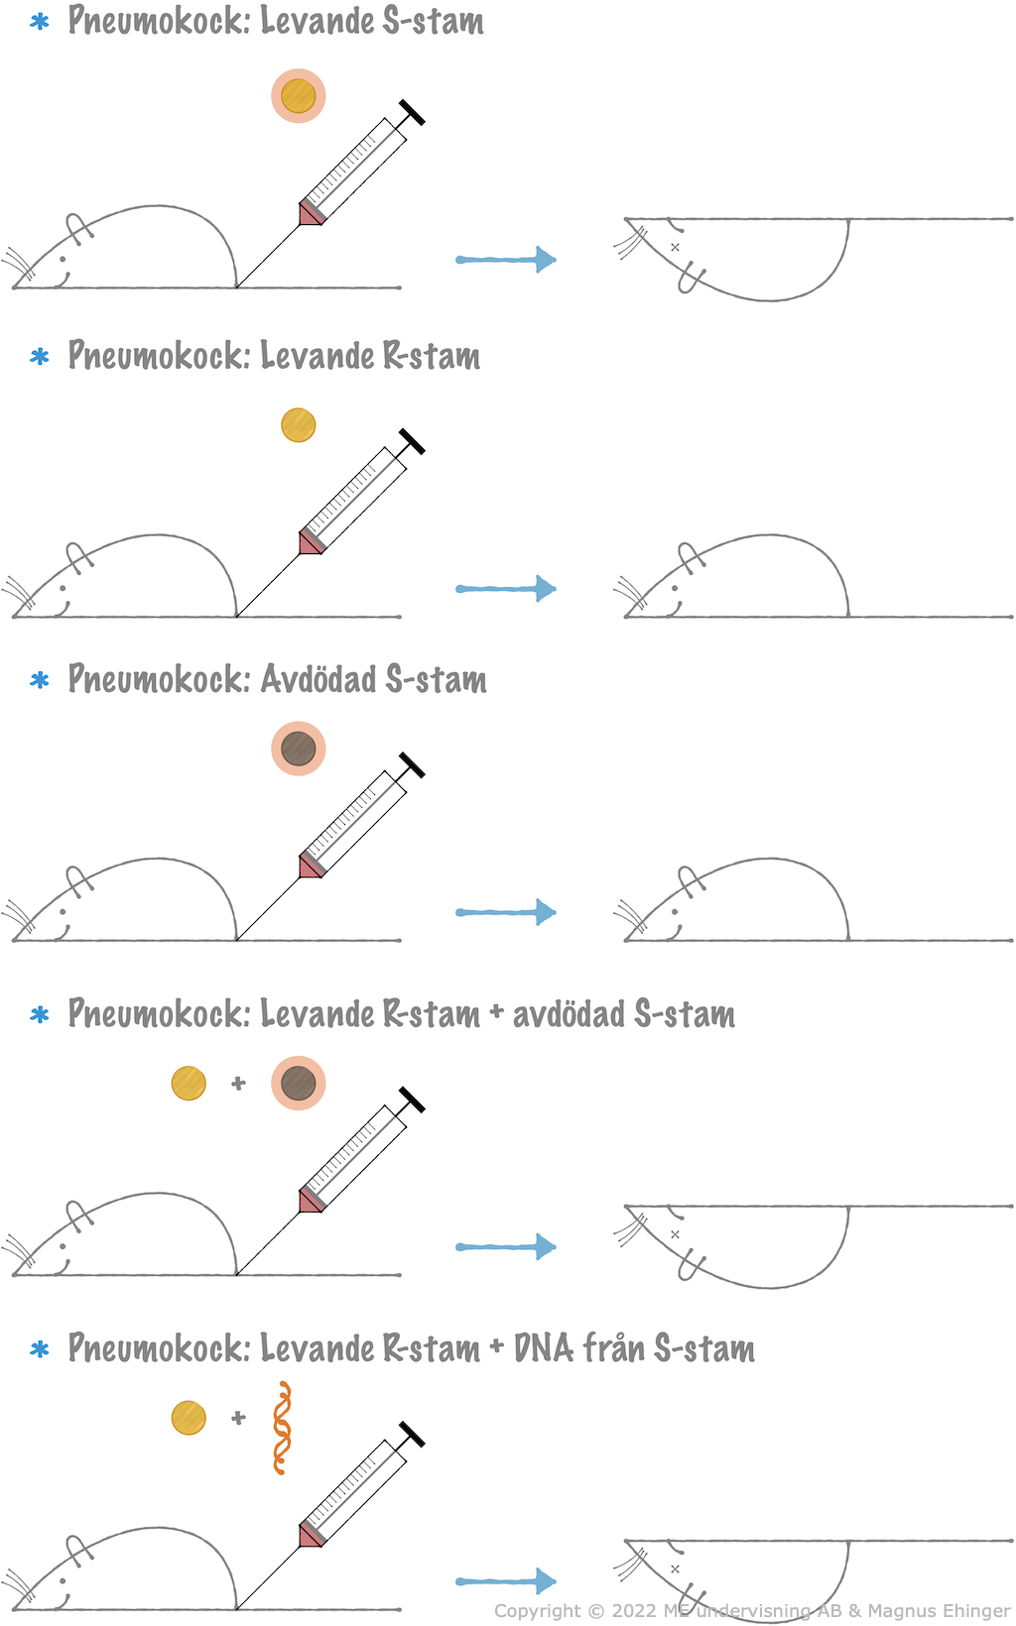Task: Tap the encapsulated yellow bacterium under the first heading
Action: coord(299,96)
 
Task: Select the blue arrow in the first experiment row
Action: coord(506,260)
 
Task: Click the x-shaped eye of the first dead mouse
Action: coord(676,247)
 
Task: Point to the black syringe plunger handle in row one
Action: coord(412,113)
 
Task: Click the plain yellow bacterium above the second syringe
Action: coord(299,425)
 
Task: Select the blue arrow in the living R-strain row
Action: coord(506,589)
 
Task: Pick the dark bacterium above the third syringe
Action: coord(299,749)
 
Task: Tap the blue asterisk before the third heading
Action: coord(40,680)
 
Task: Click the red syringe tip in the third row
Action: coord(312,866)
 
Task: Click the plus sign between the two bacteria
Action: coord(238,1084)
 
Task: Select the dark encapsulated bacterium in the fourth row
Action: coord(299,1084)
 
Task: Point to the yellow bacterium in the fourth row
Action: coord(189,1084)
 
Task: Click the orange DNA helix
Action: coord(283,1428)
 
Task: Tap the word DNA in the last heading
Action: coord(543,1348)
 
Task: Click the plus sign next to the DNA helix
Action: coord(238,1418)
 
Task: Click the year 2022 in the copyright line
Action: coord(634,1611)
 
